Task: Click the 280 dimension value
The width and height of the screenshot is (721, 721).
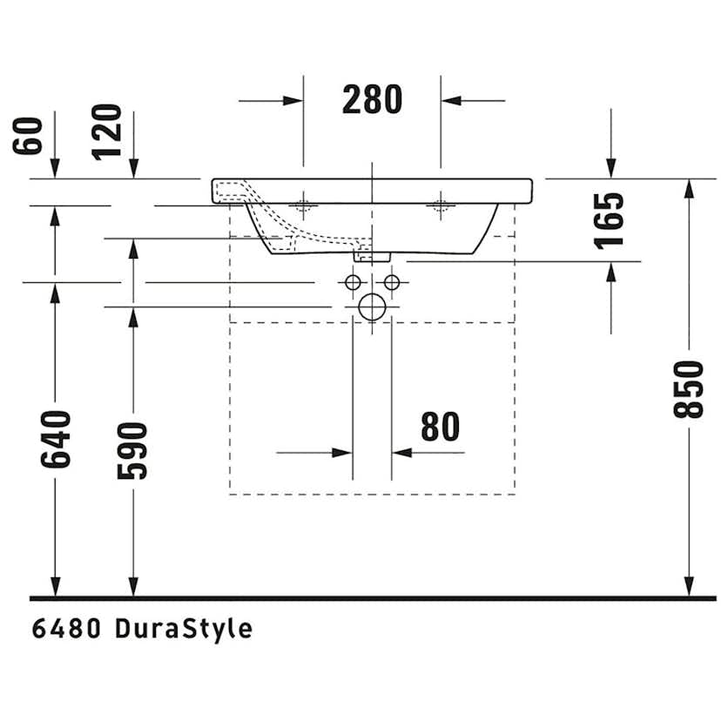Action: coord(372,100)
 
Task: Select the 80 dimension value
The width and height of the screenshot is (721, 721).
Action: coord(440,427)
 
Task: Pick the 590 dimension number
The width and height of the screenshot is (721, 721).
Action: coord(133,450)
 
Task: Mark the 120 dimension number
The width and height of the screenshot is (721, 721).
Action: coord(108,131)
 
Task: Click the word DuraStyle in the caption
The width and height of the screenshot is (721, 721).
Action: coord(184,629)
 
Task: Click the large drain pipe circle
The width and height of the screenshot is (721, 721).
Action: coord(372,307)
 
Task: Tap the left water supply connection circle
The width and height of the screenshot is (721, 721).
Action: coord(353,282)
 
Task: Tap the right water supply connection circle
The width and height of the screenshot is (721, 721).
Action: coord(392,282)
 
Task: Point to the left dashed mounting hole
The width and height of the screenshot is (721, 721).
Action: coord(303,206)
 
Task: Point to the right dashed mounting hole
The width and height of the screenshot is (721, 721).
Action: coord(440,206)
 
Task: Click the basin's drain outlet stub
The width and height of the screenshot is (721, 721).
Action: coord(372,254)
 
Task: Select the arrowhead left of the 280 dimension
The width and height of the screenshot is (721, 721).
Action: coord(294,101)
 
